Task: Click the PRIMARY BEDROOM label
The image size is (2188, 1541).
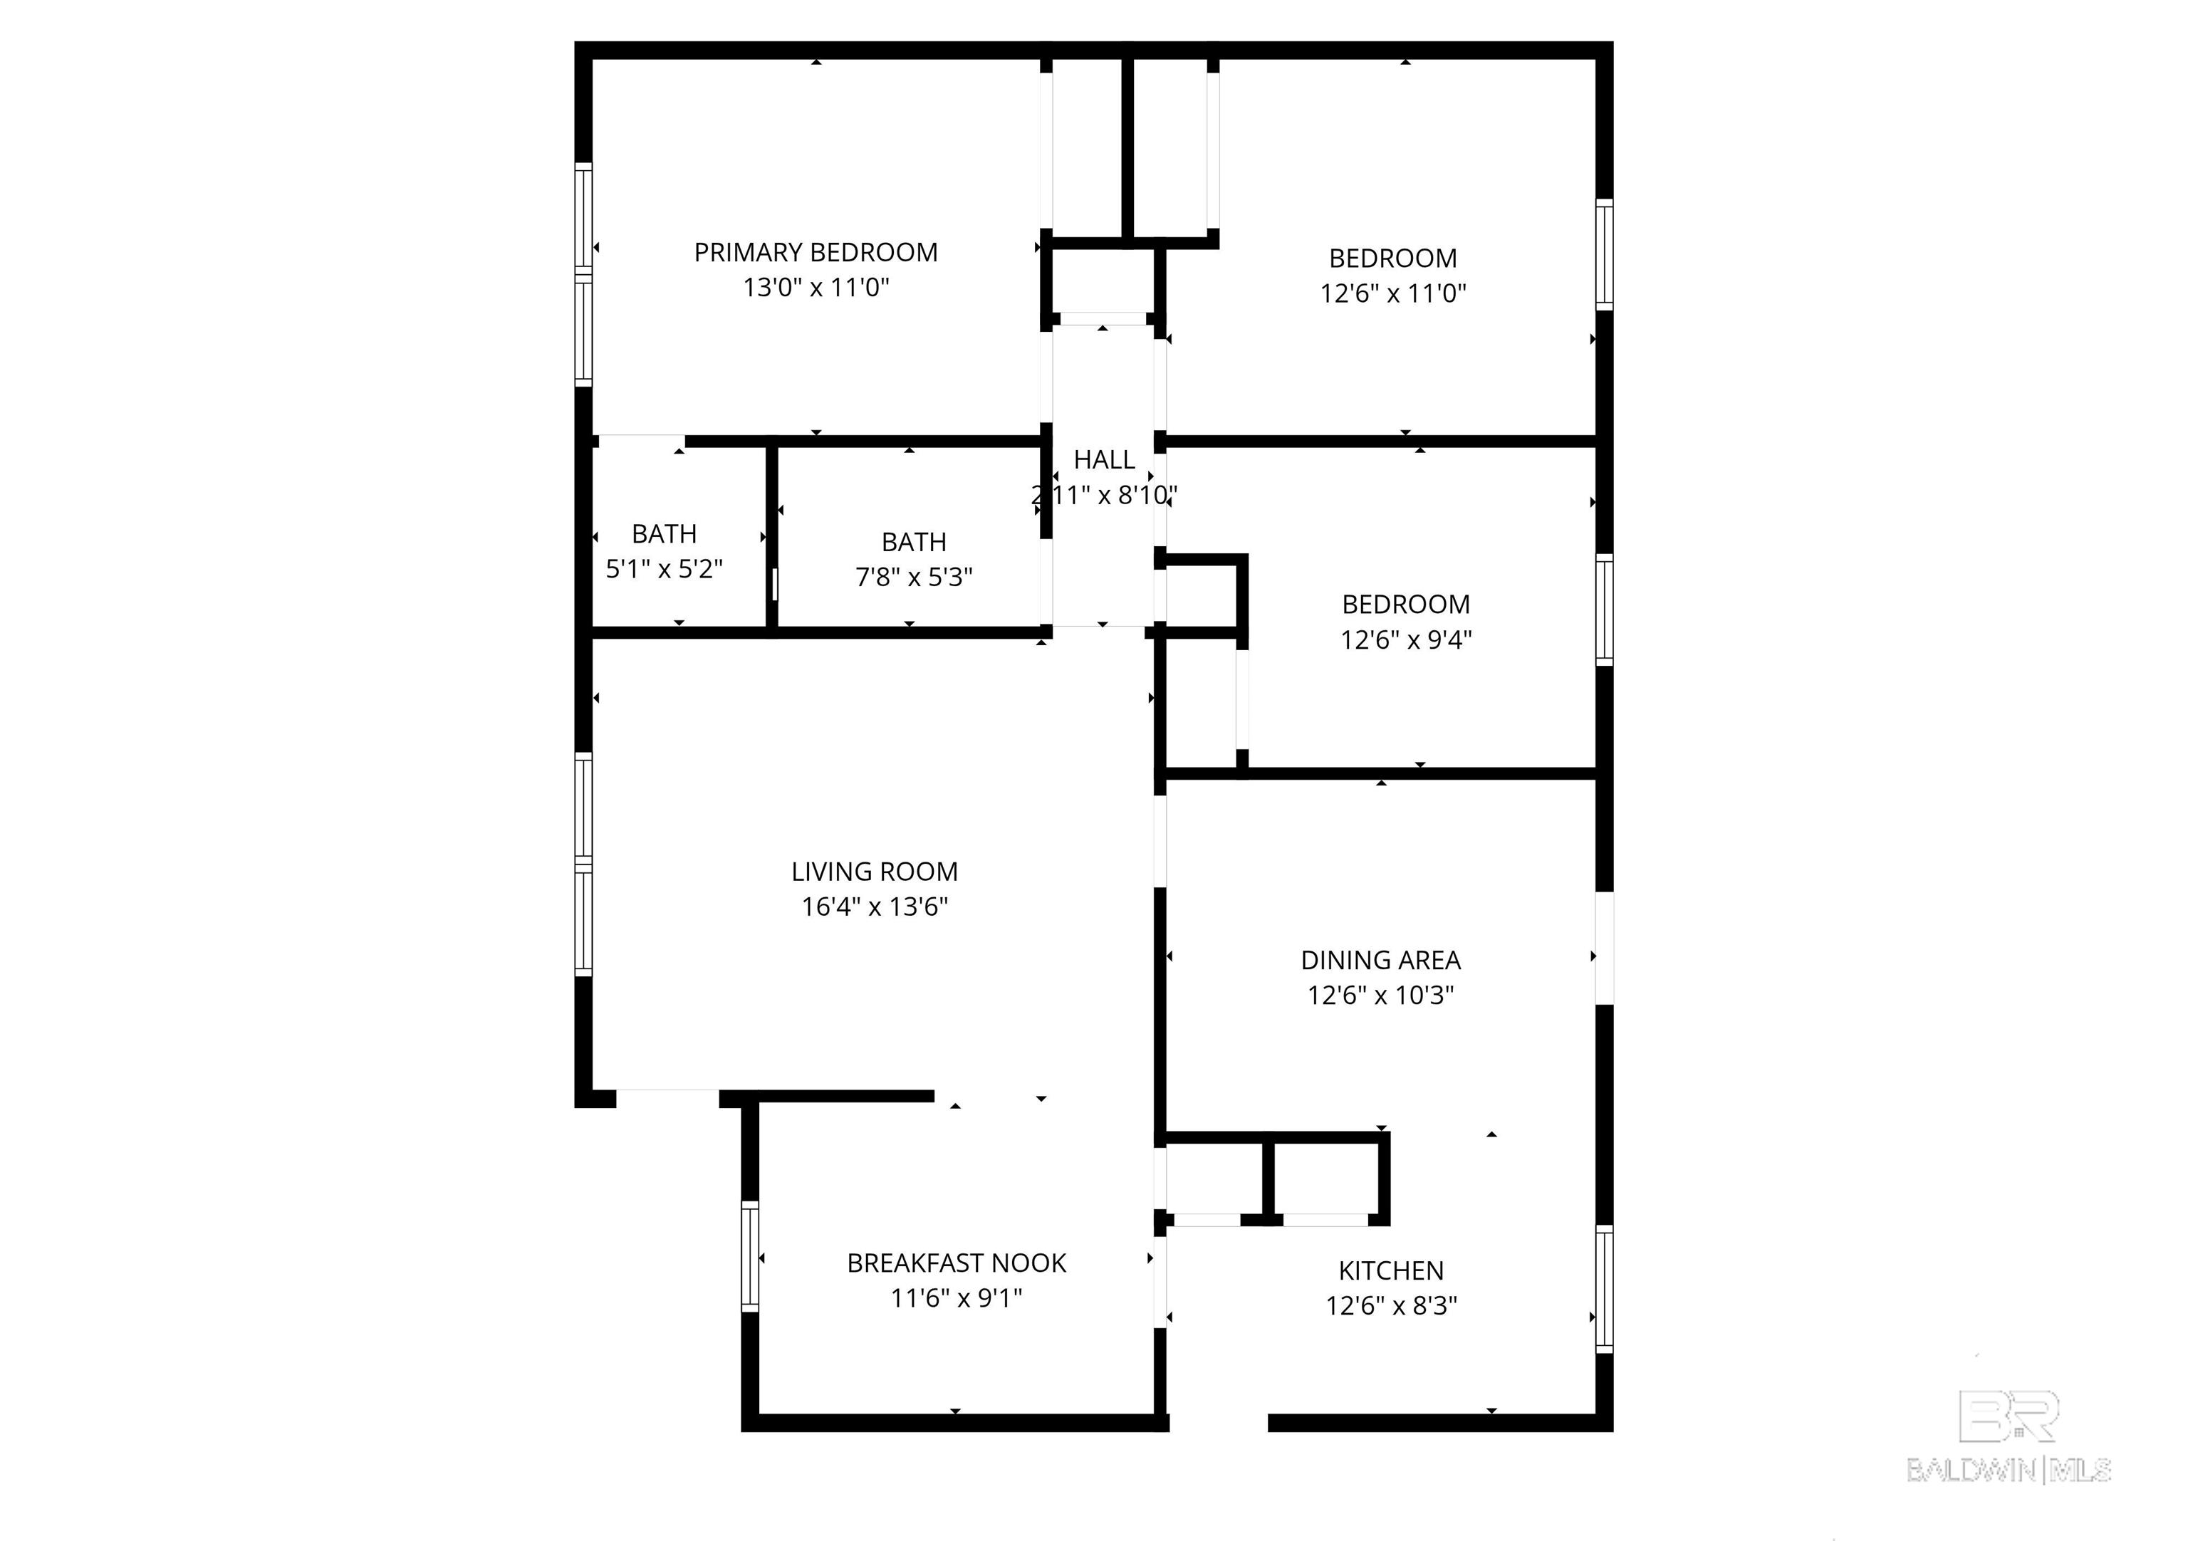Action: point(816,253)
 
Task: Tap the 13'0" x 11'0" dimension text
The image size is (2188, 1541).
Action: point(816,288)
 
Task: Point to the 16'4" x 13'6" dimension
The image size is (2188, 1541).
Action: point(874,907)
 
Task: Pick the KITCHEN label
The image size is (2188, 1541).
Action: point(1390,1271)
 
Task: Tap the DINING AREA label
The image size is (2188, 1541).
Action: point(1380,961)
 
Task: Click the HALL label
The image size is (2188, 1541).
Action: point(1103,460)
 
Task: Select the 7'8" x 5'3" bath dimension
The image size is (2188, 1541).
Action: point(913,578)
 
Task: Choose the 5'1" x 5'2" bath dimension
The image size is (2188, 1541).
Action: point(665,570)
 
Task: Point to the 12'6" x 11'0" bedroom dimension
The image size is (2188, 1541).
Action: point(1392,293)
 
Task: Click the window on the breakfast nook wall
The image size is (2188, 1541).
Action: point(750,1256)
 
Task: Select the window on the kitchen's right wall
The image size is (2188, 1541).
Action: point(1604,1288)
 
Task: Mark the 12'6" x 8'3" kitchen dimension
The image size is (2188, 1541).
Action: point(1390,1305)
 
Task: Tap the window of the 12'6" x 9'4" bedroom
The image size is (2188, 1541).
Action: point(1604,610)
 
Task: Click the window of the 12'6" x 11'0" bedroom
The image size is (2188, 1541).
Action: point(1604,254)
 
